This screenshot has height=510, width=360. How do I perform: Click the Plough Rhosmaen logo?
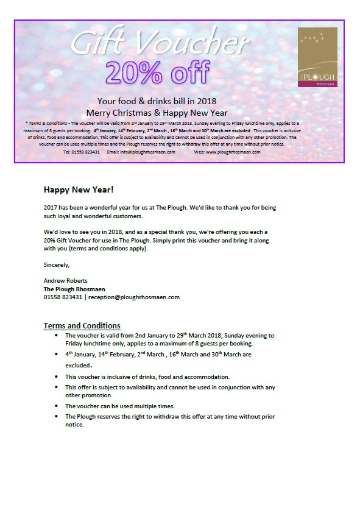(x=317, y=57)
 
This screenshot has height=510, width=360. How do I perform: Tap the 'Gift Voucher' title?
(x=160, y=42)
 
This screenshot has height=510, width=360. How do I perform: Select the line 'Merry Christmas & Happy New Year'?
(x=157, y=113)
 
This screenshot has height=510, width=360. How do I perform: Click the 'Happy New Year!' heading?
(x=78, y=189)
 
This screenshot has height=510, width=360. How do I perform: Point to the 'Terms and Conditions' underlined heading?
(x=82, y=325)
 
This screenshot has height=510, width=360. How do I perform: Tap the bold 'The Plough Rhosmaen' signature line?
(x=74, y=289)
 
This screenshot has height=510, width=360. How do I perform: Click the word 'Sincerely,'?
(x=57, y=264)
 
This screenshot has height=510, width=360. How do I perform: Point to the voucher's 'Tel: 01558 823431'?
(x=82, y=152)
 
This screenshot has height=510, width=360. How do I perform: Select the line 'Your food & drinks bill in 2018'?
(x=157, y=101)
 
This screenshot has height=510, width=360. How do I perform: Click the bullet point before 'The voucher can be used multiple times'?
(x=56, y=406)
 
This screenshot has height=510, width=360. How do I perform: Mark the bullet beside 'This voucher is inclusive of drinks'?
(x=56, y=377)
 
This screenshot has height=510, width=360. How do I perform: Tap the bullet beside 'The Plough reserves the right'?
(x=56, y=416)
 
